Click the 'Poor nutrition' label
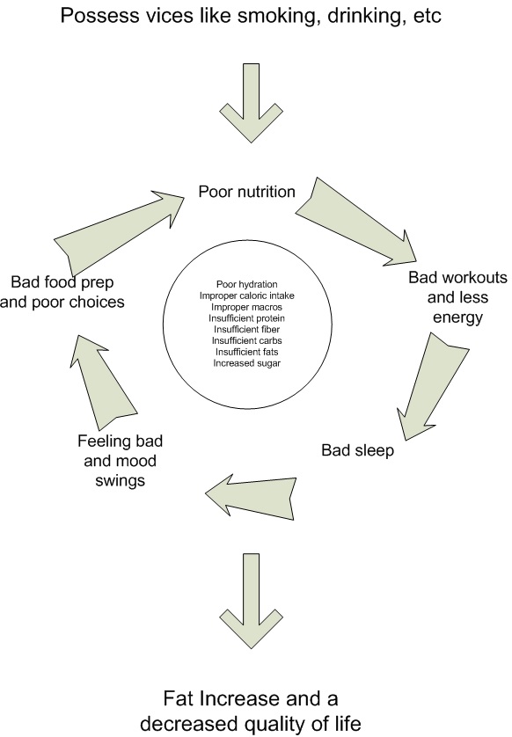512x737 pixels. (x=246, y=192)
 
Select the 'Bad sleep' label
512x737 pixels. (x=357, y=451)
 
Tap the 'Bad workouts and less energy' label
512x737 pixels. (x=457, y=297)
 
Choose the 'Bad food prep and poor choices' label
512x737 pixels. (x=80, y=292)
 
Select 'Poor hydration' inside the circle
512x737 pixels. (x=246, y=285)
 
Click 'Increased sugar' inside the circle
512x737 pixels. (x=246, y=362)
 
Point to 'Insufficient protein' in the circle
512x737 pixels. (x=246, y=317)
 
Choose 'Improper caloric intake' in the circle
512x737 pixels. (x=246, y=296)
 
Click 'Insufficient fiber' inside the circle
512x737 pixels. (x=246, y=329)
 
